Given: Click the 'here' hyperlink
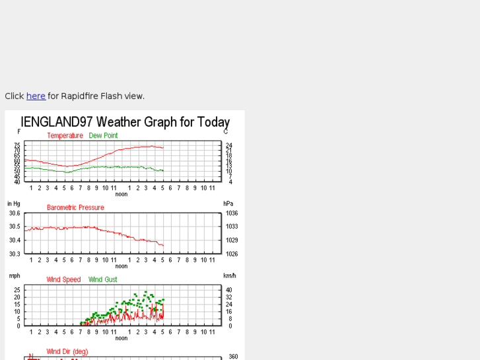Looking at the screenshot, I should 36,96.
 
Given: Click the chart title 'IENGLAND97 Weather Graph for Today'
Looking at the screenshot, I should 125,122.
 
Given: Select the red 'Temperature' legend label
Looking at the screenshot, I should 65,135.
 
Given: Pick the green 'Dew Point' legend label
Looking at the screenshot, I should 103,135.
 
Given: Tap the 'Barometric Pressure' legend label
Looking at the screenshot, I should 75,207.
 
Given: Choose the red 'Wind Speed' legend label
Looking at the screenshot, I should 63,279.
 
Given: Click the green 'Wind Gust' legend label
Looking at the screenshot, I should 103,279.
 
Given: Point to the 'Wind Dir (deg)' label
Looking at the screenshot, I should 67,351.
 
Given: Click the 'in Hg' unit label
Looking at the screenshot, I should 14,203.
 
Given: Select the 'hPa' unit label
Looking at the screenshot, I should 228,203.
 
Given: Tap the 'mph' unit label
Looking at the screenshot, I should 14,275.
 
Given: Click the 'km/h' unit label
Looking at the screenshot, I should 229,275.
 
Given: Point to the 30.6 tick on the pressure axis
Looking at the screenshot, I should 14,213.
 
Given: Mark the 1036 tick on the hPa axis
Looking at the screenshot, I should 231,213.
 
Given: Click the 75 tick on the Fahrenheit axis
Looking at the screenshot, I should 17,145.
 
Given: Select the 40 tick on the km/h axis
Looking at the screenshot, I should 229,290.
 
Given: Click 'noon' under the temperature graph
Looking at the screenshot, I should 121,194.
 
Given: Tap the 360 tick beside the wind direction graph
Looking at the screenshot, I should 232,357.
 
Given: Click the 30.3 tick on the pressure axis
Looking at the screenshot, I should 14,254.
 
